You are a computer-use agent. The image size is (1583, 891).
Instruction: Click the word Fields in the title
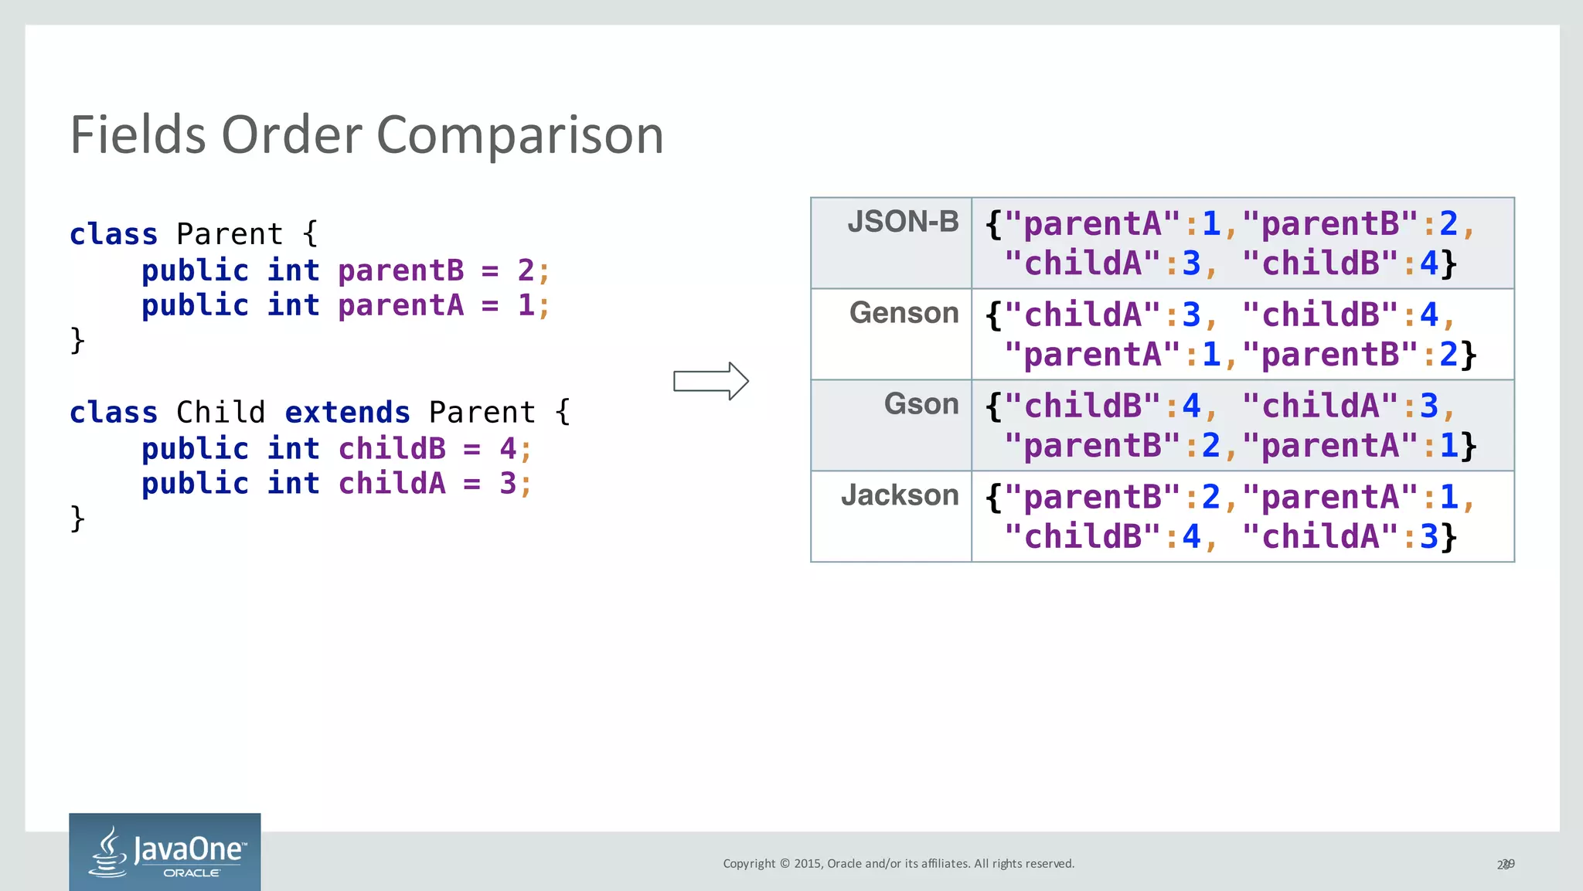138,134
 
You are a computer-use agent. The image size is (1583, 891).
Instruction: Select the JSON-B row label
902,223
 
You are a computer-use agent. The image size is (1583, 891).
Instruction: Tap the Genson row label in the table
904,314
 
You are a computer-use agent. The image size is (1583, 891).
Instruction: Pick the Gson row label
921,405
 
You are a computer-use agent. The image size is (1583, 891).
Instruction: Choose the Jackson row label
900,495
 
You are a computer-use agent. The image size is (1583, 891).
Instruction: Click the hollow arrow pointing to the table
710,381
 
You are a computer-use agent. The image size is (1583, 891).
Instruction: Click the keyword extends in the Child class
347,413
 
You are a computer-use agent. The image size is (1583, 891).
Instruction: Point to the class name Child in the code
220,413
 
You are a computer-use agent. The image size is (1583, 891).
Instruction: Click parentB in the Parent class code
400,270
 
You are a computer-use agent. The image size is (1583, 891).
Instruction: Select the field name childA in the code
392,484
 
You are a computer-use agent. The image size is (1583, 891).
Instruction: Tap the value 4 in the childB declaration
507,448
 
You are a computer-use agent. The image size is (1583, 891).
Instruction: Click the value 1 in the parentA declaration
526,305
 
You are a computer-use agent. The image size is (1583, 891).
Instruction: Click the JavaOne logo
165,852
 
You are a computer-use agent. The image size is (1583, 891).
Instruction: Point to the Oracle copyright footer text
898,864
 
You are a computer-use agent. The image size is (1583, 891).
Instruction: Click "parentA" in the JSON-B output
1091,224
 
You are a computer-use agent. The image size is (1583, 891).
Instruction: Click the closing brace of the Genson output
1468,355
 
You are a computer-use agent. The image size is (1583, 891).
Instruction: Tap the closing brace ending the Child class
77,519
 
